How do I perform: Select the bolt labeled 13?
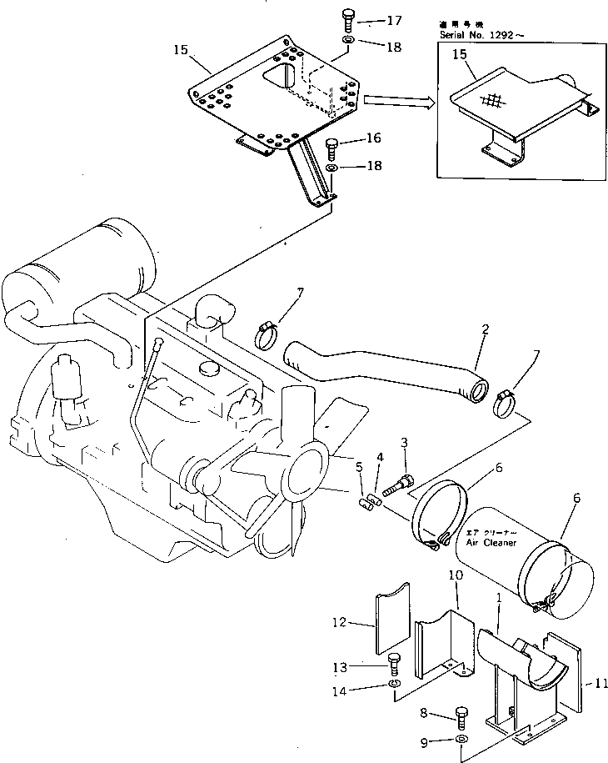click(x=395, y=665)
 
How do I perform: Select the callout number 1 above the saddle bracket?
click(x=497, y=599)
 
